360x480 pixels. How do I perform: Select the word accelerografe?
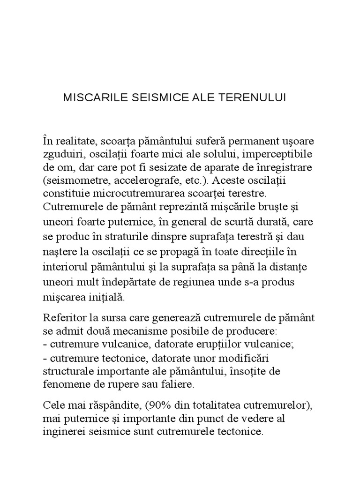pyautogui.click(x=137, y=180)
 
